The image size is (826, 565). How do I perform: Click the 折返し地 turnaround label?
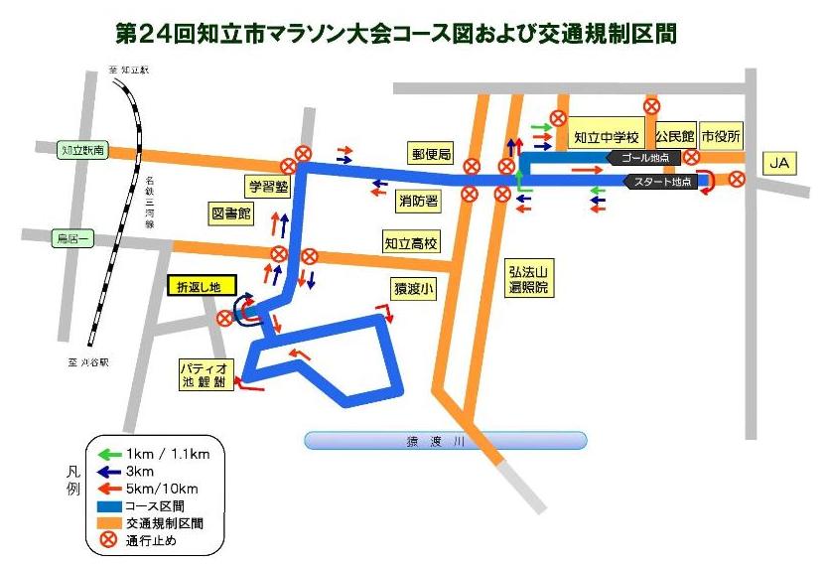coord(202,285)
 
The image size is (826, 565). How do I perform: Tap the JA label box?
coord(780,163)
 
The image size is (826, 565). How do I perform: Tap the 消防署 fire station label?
coord(418,200)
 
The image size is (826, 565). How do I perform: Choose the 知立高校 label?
coord(412,241)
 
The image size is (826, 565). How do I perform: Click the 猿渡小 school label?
coord(413,289)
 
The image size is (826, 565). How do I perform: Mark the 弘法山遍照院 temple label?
coord(529,278)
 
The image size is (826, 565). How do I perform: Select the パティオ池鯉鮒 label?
coord(205,372)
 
